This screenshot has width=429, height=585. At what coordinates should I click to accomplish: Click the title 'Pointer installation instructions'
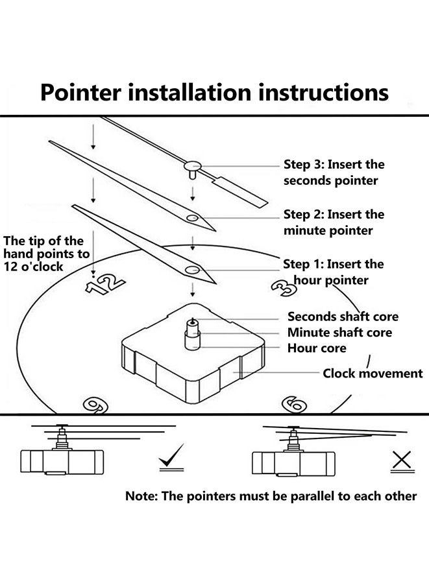(x=214, y=92)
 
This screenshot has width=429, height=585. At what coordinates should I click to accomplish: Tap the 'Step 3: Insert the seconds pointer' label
(x=334, y=173)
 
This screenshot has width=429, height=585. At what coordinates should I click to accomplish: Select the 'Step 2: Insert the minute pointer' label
(x=334, y=222)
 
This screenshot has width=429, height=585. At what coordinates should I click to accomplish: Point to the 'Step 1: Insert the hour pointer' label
(x=333, y=272)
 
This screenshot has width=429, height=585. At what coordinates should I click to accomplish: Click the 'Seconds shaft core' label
(x=343, y=317)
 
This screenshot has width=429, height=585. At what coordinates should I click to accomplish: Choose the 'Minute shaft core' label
(x=339, y=333)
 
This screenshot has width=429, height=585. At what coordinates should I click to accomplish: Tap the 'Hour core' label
(x=317, y=348)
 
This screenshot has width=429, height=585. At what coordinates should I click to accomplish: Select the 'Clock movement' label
(x=373, y=374)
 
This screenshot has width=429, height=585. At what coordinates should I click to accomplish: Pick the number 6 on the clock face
(x=293, y=405)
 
